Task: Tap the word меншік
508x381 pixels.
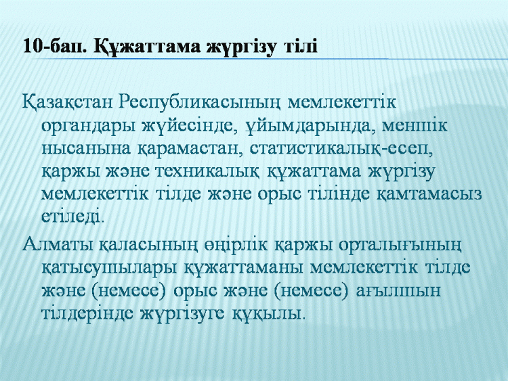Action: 415,126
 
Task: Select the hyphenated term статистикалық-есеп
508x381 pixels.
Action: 341,149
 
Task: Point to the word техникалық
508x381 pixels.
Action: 208,172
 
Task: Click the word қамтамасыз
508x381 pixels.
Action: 429,194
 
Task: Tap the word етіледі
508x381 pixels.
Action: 73,216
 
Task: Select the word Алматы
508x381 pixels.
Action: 58,245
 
